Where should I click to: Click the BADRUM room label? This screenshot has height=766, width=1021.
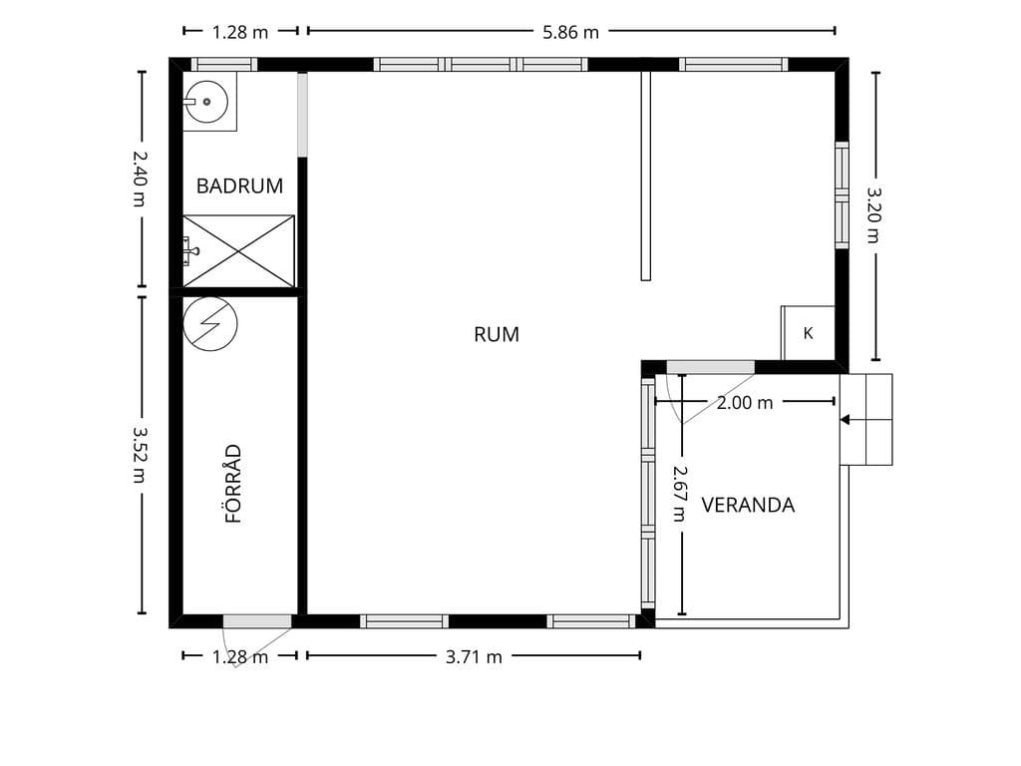coord(239,187)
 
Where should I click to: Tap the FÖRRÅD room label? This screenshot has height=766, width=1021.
coord(233,484)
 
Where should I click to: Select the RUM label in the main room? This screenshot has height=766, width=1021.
coord(497,334)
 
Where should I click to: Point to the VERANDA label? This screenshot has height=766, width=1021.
coord(748,505)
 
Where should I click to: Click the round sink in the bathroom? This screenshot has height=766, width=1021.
coord(206,102)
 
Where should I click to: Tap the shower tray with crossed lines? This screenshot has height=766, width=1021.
coord(238,251)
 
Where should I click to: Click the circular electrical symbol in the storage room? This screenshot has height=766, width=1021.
coord(210,324)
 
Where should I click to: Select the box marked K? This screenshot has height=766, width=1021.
coord(808,333)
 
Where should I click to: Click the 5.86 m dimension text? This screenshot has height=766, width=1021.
coord(570,32)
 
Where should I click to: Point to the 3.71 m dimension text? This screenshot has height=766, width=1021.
coord(474,656)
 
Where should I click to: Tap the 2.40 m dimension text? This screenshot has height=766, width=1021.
coord(140,179)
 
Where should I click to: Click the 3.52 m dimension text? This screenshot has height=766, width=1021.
coord(140,455)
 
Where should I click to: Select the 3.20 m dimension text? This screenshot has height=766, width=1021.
coord(874,215)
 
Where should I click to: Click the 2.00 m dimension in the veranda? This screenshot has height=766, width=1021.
coord(744,403)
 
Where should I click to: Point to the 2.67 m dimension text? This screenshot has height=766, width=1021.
coord(680,493)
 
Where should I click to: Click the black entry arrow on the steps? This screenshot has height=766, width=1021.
coord(846,420)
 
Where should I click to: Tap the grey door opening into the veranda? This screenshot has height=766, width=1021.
coord(710,367)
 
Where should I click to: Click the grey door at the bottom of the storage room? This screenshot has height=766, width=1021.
coord(257,621)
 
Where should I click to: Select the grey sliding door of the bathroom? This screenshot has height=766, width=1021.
coord(302,115)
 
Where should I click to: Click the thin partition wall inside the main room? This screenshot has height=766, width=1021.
coord(645,176)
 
